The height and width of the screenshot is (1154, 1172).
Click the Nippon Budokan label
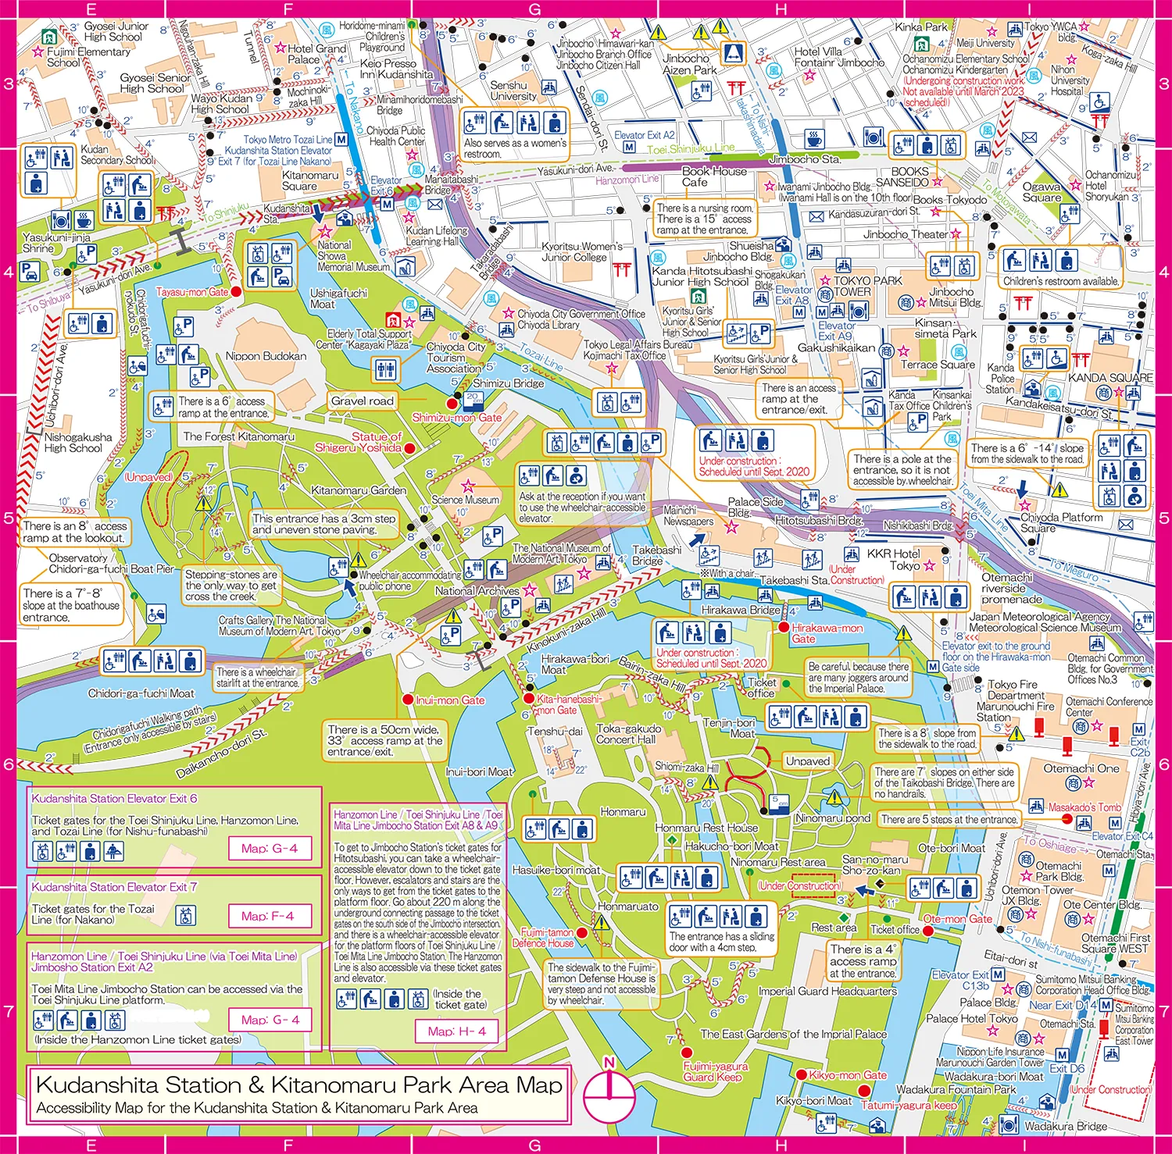click(266, 356)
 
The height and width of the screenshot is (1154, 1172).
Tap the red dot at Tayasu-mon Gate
click(236, 291)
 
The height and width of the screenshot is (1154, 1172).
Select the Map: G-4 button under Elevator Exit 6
click(269, 848)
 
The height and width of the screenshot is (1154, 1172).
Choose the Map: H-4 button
click(456, 1031)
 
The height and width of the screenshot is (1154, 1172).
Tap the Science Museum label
click(465, 500)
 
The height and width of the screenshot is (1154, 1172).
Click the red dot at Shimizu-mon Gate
click(451, 403)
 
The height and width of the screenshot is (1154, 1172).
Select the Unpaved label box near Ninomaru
click(807, 761)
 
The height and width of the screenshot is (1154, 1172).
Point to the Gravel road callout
click(362, 401)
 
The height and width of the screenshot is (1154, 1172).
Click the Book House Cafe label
click(713, 176)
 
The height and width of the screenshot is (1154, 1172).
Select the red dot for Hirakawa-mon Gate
click(784, 627)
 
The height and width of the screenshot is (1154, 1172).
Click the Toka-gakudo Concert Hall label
click(628, 734)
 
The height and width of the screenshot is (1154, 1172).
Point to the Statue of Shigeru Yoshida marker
click(409, 448)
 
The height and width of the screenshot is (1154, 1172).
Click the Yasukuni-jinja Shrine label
click(56, 243)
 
